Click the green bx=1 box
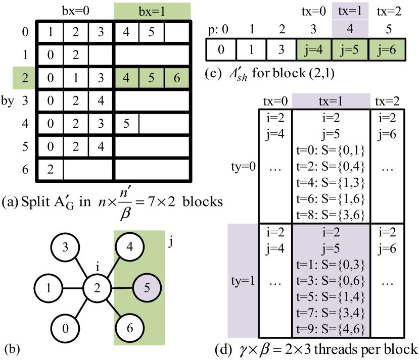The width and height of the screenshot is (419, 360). (152, 11)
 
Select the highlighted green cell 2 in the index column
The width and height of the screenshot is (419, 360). (24, 78)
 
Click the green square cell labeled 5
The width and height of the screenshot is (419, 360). (151, 78)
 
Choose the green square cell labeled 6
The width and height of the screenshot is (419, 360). (176, 78)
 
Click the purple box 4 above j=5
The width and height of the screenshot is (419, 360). (350, 29)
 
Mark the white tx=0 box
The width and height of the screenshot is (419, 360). (275, 101)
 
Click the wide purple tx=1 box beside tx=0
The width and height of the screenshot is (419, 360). (331, 101)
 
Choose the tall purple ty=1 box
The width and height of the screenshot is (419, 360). (243, 280)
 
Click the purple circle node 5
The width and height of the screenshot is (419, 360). (147, 288)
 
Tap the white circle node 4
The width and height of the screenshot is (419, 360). (130, 247)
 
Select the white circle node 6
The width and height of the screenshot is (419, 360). (130, 328)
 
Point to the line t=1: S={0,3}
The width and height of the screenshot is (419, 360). (331, 265)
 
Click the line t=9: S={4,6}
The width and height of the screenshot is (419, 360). (331, 330)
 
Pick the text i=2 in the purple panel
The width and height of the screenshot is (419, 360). (331, 233)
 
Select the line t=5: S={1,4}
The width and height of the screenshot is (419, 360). (331, 297)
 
